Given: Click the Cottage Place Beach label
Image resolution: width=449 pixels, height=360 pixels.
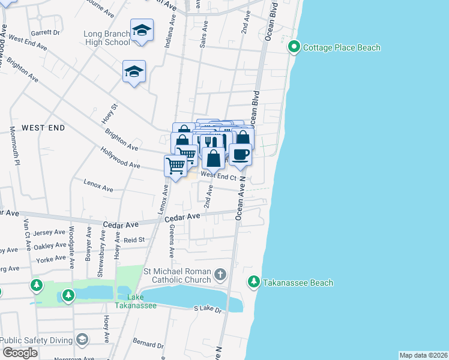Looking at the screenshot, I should coord(341,47).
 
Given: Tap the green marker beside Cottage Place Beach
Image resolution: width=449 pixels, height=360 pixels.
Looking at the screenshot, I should coord(294,46).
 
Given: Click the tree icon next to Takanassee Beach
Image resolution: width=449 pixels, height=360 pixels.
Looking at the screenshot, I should coord(254,281).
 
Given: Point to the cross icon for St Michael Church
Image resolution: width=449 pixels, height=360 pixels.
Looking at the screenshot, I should coord(220,275).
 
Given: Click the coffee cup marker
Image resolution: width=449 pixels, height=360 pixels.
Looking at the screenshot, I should coord(240,154).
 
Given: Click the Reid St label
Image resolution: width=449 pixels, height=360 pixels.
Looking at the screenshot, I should coord(134,240).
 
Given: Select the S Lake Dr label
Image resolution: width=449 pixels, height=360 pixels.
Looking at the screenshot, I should coord(208,308).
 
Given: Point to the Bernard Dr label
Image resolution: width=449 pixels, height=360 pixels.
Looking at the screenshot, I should coord(148,346).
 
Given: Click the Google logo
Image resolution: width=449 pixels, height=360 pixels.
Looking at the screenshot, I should coord(20,353).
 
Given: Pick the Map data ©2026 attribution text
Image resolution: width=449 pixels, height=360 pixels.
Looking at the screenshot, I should coord(423,355).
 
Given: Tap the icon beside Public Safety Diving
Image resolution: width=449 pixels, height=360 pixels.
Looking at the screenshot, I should coord(82,340).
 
